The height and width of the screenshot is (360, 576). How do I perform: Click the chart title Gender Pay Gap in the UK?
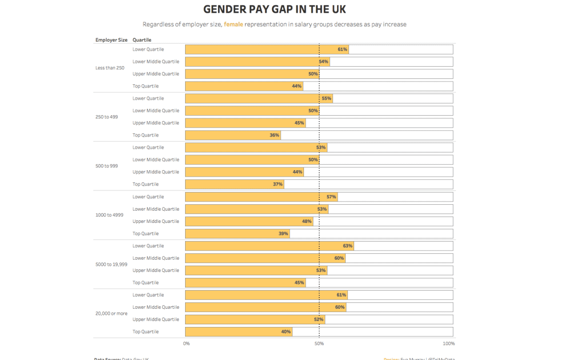click(275, 10)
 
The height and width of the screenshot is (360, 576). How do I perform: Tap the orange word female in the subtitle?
click(233, 25)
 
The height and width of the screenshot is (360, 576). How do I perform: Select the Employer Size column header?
click(111, 40)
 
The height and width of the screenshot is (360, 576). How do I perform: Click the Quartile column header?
click(142, 40)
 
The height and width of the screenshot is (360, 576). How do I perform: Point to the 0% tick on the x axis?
click(187, 343)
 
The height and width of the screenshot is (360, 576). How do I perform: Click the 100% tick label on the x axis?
click(449, 343)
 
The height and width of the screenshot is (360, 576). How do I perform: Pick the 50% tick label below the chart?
click(319, 343)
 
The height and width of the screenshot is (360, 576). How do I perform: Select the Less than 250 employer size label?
click(110, 68)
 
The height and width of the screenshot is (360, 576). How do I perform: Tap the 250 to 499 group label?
click(107, 117)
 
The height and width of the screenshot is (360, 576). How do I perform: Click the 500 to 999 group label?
click(107, 166)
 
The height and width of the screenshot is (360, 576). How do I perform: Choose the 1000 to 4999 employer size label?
click(109, 215)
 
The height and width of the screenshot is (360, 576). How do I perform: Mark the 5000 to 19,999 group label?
click(111, 264)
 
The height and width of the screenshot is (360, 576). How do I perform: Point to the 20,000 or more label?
click(111, 314)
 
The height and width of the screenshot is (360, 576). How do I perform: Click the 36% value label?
click(274, 135)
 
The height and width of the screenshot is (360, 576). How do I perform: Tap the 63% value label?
click(348, 246)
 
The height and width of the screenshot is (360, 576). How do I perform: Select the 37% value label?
click(277, 185)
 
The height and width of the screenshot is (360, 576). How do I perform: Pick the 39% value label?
click(283, 234)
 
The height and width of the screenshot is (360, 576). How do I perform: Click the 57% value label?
click(331, 197)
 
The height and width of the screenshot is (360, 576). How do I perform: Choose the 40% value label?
click(286, 332)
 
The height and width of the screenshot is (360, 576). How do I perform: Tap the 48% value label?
click(307, 221)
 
